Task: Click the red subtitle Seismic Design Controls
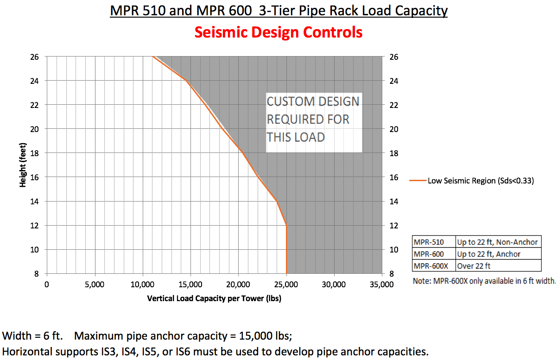[x=278, y=32]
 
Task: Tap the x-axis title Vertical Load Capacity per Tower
[x=214, y=298]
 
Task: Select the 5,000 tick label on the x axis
[x=94, y=284]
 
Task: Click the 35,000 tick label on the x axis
[x=382, y=284]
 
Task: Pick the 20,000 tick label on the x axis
[x=238, y=284]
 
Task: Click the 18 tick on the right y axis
[x=393, y=153]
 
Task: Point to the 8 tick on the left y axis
[x=38, y=273]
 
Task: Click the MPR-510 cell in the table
[x=428, y=242]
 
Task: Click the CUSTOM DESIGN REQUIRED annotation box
[x=313, y=120]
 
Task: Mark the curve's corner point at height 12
[x=287, y=226]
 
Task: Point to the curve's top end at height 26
[x=152, y=57]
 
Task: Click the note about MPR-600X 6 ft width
[x=484, y=281]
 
